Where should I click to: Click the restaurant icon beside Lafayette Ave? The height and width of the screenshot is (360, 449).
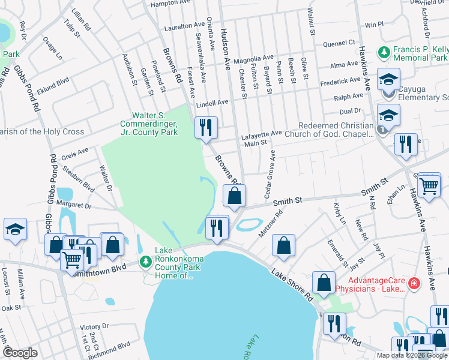[205, 127]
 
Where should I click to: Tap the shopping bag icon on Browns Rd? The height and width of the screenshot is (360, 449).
[234, 195]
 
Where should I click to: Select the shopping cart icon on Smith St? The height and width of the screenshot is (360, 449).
[429, 186]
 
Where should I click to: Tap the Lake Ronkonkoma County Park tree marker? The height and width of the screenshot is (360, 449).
[145, 262]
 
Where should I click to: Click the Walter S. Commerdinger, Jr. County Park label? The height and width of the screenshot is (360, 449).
[155, 124]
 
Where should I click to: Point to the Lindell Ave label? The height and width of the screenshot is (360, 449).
[212, 103]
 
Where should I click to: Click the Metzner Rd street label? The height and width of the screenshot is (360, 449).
[270, 223]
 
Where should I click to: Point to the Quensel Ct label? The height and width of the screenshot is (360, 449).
[339, 43]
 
